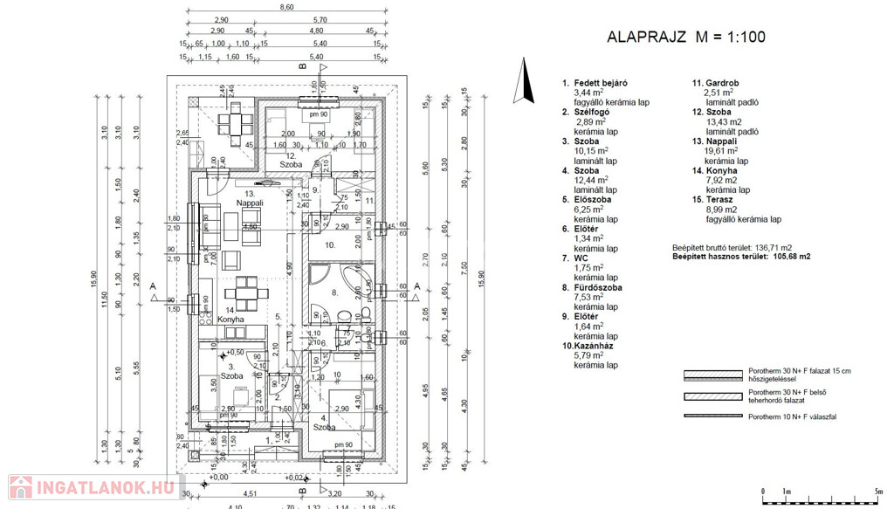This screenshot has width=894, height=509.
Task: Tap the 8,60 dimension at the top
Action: pos(286,7)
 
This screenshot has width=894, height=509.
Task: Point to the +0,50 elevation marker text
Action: pos(234,352)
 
